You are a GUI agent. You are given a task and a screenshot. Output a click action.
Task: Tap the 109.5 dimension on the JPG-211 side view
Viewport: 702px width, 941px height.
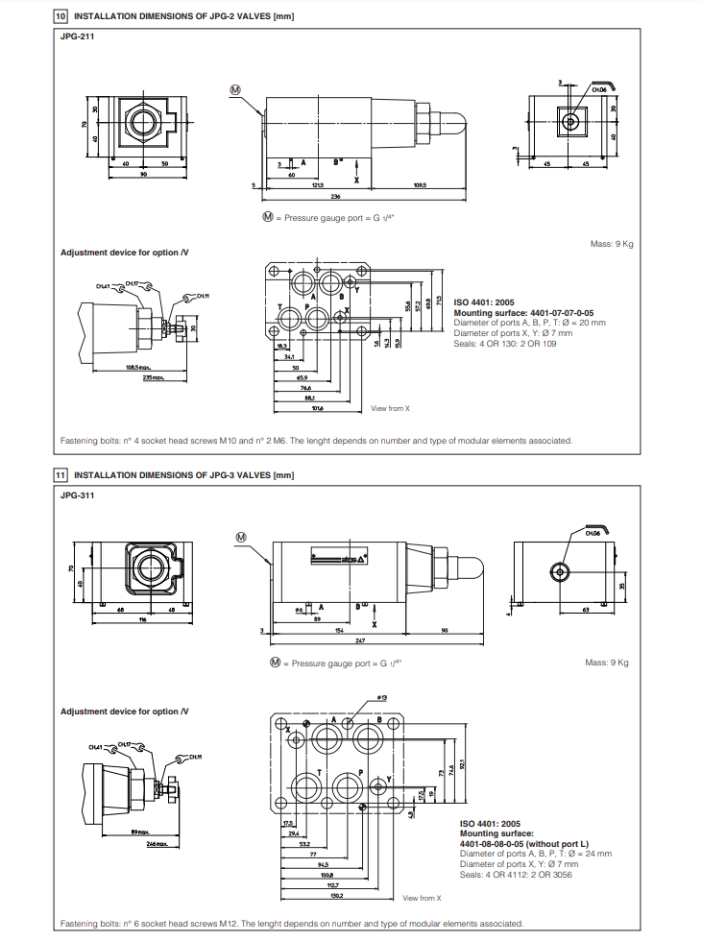[420, 184]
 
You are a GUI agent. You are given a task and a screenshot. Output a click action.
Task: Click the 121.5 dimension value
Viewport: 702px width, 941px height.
[318, 184]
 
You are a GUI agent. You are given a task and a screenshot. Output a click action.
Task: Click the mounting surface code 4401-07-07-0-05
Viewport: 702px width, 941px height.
[523, 313]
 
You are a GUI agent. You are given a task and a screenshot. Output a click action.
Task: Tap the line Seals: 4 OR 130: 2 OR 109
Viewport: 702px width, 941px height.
[504, 344]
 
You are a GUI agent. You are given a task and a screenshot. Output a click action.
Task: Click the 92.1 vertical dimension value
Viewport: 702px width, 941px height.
[464, 765]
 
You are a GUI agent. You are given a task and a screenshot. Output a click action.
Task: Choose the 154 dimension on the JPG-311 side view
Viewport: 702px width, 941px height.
[338, 630]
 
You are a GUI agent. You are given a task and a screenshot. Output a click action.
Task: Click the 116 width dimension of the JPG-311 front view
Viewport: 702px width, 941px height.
[140, 620]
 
